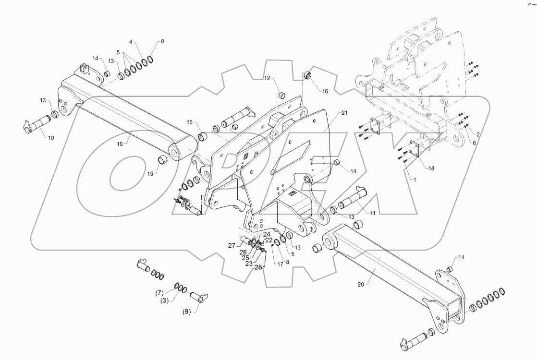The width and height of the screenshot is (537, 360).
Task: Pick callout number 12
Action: [x=267, y=78]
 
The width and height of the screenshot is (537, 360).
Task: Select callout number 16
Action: [x=326, y=91]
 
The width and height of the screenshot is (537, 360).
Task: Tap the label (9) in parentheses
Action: [x=187, y=311]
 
